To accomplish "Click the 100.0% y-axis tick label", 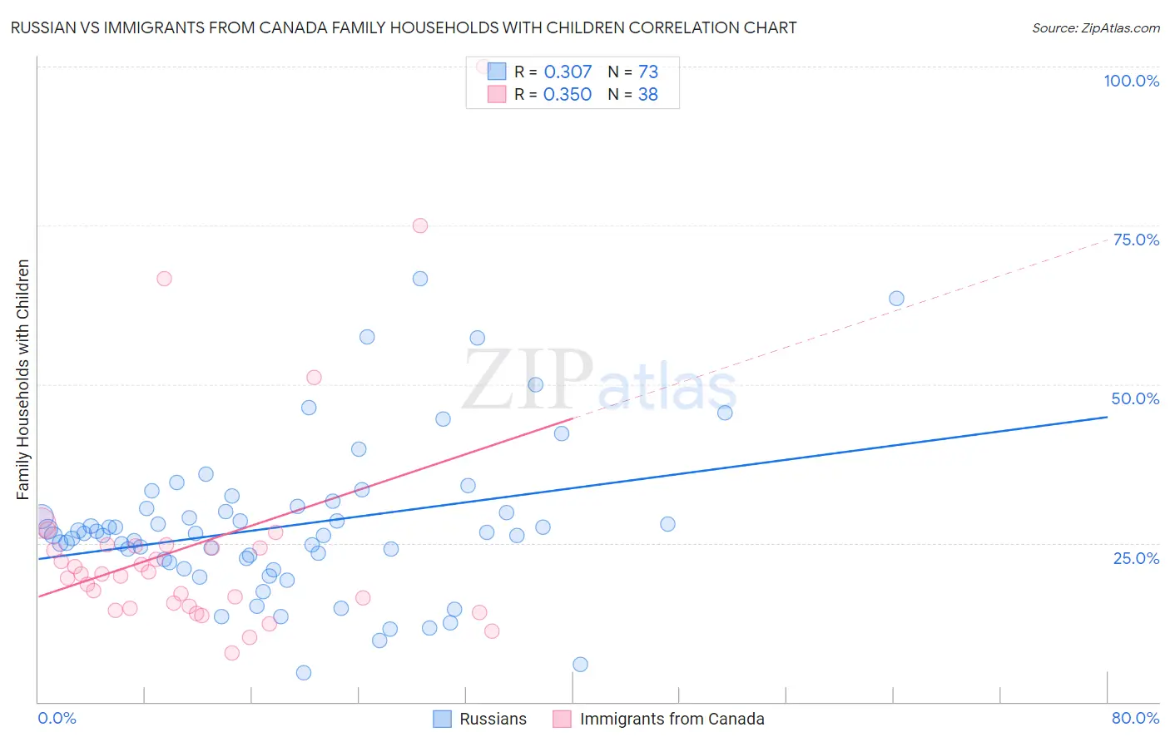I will click(1131, 81).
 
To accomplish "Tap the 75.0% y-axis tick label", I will click(1136, 240).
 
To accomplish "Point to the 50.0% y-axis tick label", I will click(1135, 398).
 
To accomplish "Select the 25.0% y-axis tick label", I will click(1136, 558).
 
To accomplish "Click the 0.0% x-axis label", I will click(57, 718).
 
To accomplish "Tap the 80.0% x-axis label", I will click(1135, 718).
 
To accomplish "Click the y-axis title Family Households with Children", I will click(22, 379).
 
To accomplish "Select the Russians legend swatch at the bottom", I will click(443, 719).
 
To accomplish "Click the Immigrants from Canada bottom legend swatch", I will click(563, 719).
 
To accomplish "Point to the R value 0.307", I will click(568, 72).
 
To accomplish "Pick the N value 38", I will click(647, 95).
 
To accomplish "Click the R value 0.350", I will click(568, 95).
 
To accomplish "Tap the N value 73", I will click(647, 72).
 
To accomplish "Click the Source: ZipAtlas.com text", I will click(1095, 28).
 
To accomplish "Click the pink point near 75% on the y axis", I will click(420, 225).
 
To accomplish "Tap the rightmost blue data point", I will click(896, 299).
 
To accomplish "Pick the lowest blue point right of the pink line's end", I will click(580, 664).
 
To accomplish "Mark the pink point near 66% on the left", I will click(164, 279).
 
